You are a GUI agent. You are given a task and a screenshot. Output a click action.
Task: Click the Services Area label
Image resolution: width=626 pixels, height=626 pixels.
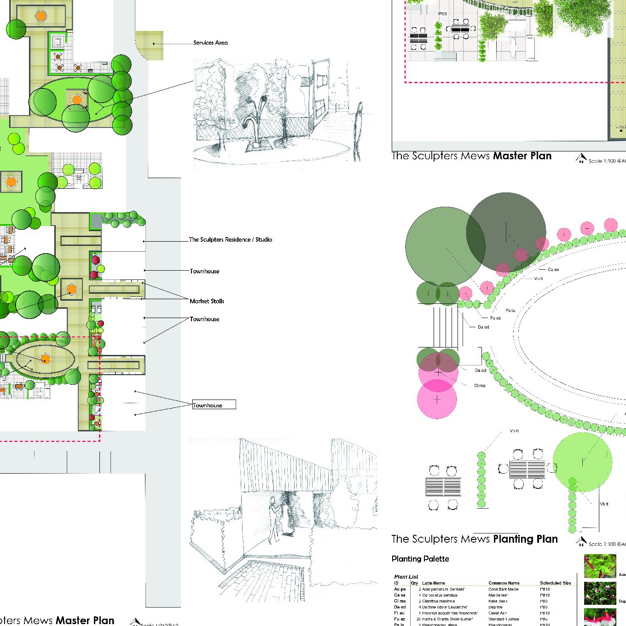210,43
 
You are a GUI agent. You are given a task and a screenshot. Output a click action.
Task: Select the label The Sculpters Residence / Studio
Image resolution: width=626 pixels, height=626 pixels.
230,239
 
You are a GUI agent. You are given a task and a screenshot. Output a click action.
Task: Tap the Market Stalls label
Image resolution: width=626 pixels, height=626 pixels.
207,301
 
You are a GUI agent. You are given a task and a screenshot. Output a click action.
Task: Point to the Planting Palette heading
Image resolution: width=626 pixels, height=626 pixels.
420,559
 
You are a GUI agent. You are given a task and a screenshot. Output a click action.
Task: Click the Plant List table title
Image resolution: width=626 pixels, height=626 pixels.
406,577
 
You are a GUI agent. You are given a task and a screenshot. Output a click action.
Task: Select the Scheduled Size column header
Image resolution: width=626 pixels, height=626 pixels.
555,583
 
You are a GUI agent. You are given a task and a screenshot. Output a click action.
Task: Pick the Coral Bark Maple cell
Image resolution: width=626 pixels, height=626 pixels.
503,589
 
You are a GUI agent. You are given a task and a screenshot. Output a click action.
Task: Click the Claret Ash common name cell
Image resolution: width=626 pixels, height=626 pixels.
497,613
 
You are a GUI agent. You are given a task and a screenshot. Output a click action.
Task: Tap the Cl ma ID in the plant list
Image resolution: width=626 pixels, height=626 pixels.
400,601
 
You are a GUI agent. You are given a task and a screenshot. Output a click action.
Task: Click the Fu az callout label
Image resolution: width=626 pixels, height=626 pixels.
495,318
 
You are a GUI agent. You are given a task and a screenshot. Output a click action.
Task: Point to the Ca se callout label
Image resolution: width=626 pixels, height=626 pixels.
553,270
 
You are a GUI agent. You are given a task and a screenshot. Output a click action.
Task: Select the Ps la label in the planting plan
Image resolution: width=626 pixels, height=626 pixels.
510,311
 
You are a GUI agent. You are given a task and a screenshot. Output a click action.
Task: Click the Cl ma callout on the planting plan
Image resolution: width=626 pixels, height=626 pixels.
480,386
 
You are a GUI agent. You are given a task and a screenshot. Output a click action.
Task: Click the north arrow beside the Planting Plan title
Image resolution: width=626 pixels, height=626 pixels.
581,542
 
